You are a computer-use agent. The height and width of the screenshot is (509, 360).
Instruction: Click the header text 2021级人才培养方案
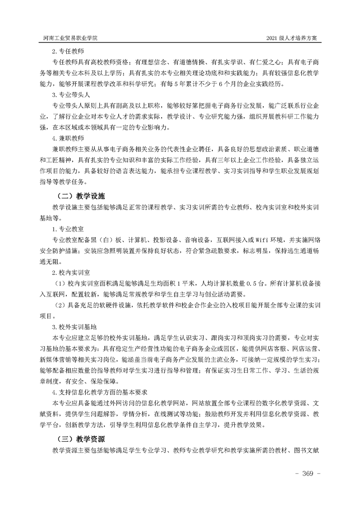(294, 38)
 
